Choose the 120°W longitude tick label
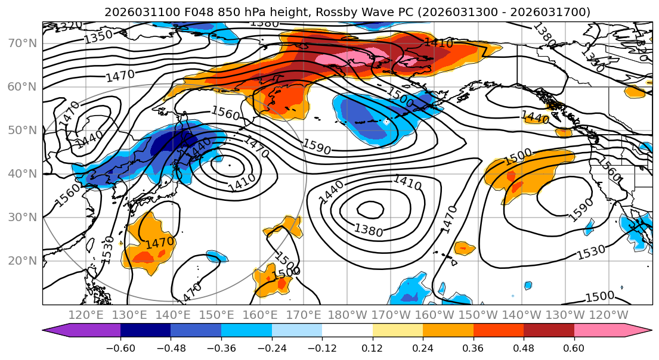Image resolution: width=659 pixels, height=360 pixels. click(x=609, y=315)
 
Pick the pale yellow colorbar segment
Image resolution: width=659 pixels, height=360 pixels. click(x=397, y=331)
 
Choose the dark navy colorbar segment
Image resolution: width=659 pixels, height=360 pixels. click(x=146, y=331)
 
